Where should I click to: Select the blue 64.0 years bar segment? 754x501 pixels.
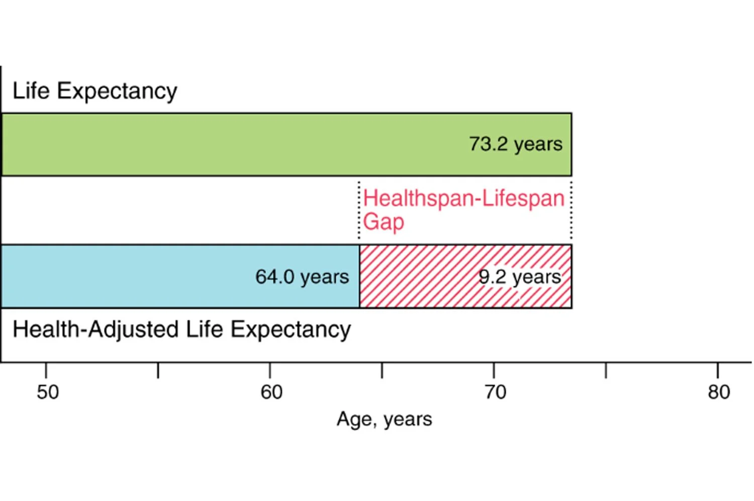(x=151, y=277)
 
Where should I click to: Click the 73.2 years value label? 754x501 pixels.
(x=516, y=144)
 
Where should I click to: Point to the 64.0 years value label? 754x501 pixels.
(x=302, y=277)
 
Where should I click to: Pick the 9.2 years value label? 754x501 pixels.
(x=519, y=277)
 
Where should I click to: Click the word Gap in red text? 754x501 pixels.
(x=384, y=221)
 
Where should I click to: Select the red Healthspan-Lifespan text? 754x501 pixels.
(x=463, y=198)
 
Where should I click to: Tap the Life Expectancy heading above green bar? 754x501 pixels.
(x=95, y=91)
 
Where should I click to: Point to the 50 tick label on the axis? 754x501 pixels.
(x=47, y=392)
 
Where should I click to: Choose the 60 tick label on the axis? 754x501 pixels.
(x=271, y=392)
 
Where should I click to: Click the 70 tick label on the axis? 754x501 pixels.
(x=495, y=392)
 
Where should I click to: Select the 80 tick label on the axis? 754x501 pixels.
(x=718, y=392)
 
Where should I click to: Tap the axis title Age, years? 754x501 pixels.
(x=384, y=419)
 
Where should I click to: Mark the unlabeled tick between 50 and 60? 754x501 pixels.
(x=158, y=370)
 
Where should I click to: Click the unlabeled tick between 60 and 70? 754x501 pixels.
(x=382, y=370)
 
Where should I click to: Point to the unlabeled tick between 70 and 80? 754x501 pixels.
(x=606, y=370)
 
